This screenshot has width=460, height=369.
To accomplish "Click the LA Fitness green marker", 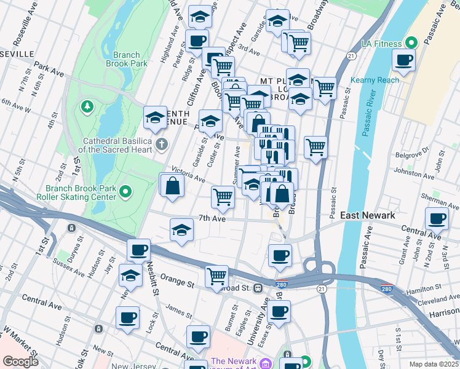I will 411,42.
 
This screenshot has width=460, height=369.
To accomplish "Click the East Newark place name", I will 368,215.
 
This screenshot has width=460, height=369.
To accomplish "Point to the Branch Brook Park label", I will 126,59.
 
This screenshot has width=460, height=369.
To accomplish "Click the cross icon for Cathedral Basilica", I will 161,145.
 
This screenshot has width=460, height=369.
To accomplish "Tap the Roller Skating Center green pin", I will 126,192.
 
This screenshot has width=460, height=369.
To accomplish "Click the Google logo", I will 20,362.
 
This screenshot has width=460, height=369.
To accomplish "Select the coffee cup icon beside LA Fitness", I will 403,60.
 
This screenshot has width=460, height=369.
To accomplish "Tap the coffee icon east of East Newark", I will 437,218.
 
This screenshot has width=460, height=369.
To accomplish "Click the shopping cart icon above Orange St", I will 216,276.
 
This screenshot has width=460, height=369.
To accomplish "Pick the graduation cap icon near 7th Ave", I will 181,231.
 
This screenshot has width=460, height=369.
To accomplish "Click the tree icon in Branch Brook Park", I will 87,107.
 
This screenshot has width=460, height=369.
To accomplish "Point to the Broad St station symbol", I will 259,288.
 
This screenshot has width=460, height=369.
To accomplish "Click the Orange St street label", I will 178,285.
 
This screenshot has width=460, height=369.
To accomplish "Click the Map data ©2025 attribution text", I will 434,364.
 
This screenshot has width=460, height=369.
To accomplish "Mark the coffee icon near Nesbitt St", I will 139,250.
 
